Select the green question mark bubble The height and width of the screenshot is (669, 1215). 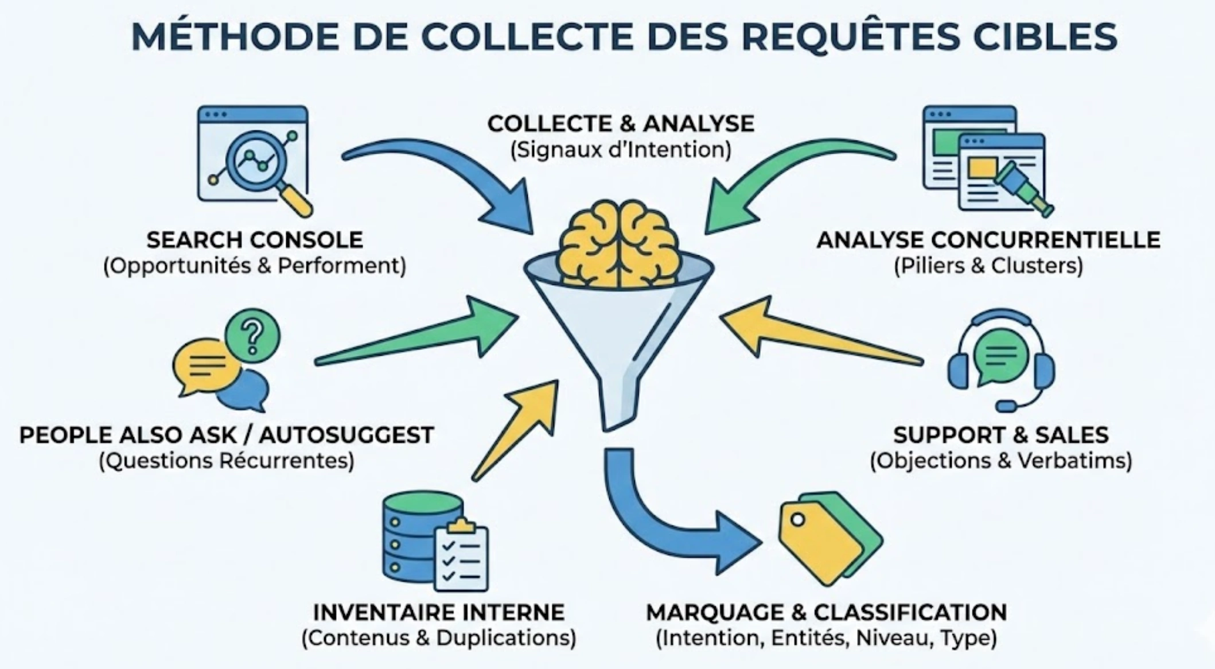click(x=252, y=335)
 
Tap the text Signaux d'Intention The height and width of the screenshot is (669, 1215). click(x=621, y=150)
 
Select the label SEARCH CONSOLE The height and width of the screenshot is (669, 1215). click(x=255, y=240)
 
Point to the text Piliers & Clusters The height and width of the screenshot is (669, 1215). click(x=988, y=266)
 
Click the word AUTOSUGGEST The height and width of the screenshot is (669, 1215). click(x=346, y=435)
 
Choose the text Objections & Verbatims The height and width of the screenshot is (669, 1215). click(x=1001, y=461)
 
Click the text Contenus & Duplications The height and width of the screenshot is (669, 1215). click(x=439, y=638)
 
